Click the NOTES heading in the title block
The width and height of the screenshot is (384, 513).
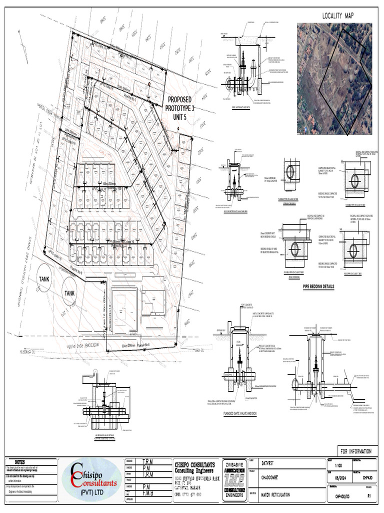click(x=22, y=461)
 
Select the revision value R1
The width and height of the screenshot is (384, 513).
click(x=369, y=496)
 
